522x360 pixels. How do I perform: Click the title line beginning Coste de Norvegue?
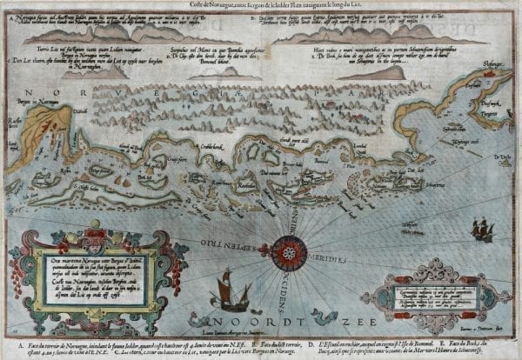[261, 5]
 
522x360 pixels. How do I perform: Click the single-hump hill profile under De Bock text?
[383, 73]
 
